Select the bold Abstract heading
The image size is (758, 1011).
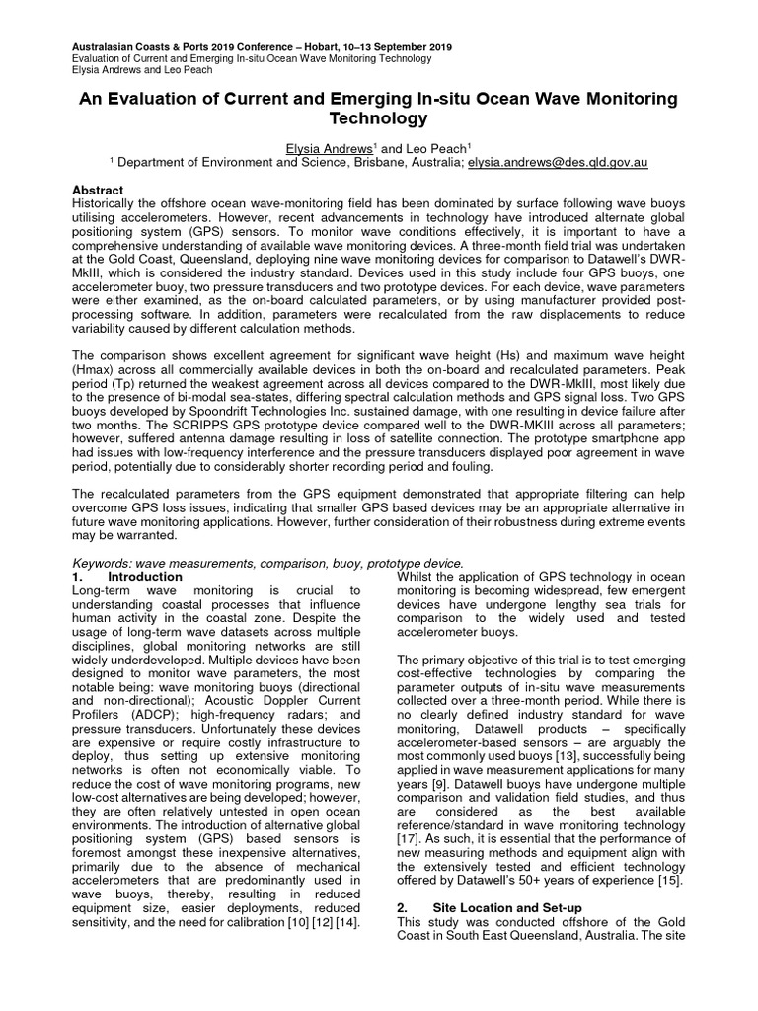click(x=99, y=190)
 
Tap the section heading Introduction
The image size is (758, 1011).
click(x=145, y=576)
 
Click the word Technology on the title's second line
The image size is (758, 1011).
click(x=379, y=119)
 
